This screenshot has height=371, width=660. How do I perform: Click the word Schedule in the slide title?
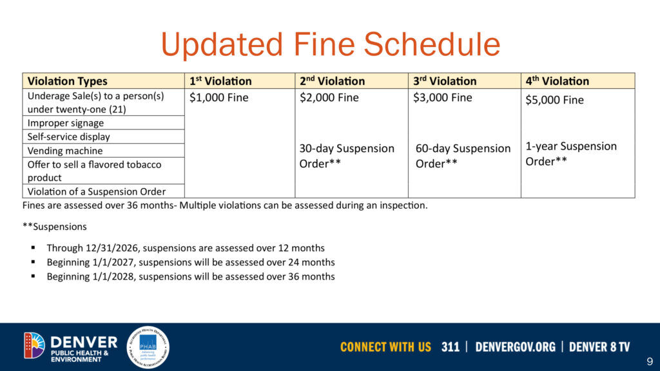click(x=432, y=45)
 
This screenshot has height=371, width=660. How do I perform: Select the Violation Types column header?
click(x=67, y=81)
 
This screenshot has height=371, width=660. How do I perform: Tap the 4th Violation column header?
click(x=558, y=81)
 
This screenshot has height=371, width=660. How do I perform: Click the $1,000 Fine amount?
click(x=218, y=98)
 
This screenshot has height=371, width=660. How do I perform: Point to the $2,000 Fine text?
click(x=329, y=98)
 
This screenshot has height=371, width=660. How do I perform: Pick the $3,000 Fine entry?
click(x=443, y=98)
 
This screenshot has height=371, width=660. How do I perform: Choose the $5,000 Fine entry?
click(x=555, y=100)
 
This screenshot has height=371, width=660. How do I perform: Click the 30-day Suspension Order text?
click(x=347, y=156)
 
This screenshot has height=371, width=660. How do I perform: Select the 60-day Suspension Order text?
click(x=463, y=156)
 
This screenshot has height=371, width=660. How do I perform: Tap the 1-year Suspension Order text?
click(x=571, y=154)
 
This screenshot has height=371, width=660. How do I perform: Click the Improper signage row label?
click(x=66, y=123)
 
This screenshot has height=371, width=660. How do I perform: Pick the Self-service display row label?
click(x=69, y=137)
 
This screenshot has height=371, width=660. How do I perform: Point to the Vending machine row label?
click(x=65, y=151)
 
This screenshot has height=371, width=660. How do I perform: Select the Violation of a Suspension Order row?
click(x=97, y=191)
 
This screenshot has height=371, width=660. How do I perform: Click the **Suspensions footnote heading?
click(x=54, y=227)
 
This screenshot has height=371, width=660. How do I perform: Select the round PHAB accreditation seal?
click(x=148, y=347)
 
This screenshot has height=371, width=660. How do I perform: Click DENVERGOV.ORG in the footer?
click(x=515, y=347)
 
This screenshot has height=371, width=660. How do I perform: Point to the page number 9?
click(x=649, y=361)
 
